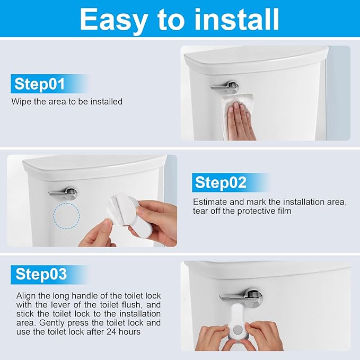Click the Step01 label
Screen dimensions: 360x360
coord(40,84)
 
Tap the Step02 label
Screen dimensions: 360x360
coord(221,182)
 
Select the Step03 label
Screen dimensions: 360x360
coord(41,274)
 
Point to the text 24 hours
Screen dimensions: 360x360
coord(126,331)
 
